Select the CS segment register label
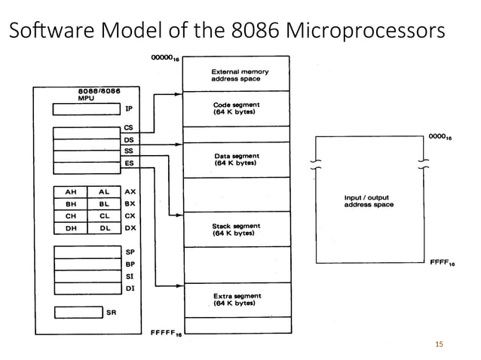point(128,128)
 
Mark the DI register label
point(129,288)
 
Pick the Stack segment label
point(236,230)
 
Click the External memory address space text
point(239,75)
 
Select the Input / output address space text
point(369,201)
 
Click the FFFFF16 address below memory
point(165,333)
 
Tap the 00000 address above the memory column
point(164,58)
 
